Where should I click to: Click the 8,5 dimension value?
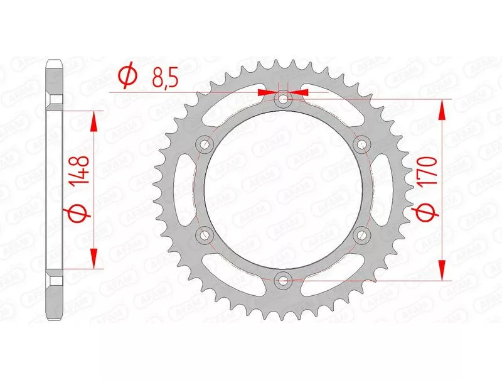click(x=165, y=79)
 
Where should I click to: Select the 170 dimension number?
click(x=429, y=171)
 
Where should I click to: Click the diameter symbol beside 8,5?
click(x=128, y=76)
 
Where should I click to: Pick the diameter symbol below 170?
click(x=427, y=212)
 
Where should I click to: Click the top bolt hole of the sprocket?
click(x=283, y=99)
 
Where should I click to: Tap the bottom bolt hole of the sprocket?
click(x=283, y=280)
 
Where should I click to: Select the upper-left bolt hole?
click(x=205, y=144)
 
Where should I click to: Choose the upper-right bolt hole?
click(x=361, y=144)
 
